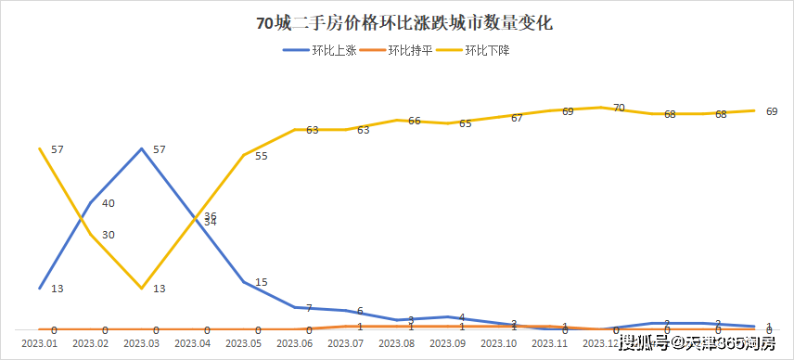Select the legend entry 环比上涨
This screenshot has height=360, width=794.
323,50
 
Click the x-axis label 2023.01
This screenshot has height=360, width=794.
39,343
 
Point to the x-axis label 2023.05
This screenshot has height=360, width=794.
243,343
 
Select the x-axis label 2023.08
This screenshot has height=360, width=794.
397,343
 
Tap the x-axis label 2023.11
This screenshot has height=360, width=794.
550,343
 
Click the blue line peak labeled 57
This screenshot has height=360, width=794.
141,148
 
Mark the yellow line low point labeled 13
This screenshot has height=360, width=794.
141,288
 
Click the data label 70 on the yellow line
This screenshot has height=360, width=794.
619,108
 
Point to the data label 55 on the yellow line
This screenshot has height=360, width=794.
261,156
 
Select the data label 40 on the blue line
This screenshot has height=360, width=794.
109,203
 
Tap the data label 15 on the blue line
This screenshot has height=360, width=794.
261,282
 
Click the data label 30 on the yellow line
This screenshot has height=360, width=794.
109,235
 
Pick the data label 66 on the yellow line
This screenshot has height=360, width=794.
415,121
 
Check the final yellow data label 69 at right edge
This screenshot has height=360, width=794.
772,111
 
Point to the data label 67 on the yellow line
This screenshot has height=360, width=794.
517,118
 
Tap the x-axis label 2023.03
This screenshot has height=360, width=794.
141,343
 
